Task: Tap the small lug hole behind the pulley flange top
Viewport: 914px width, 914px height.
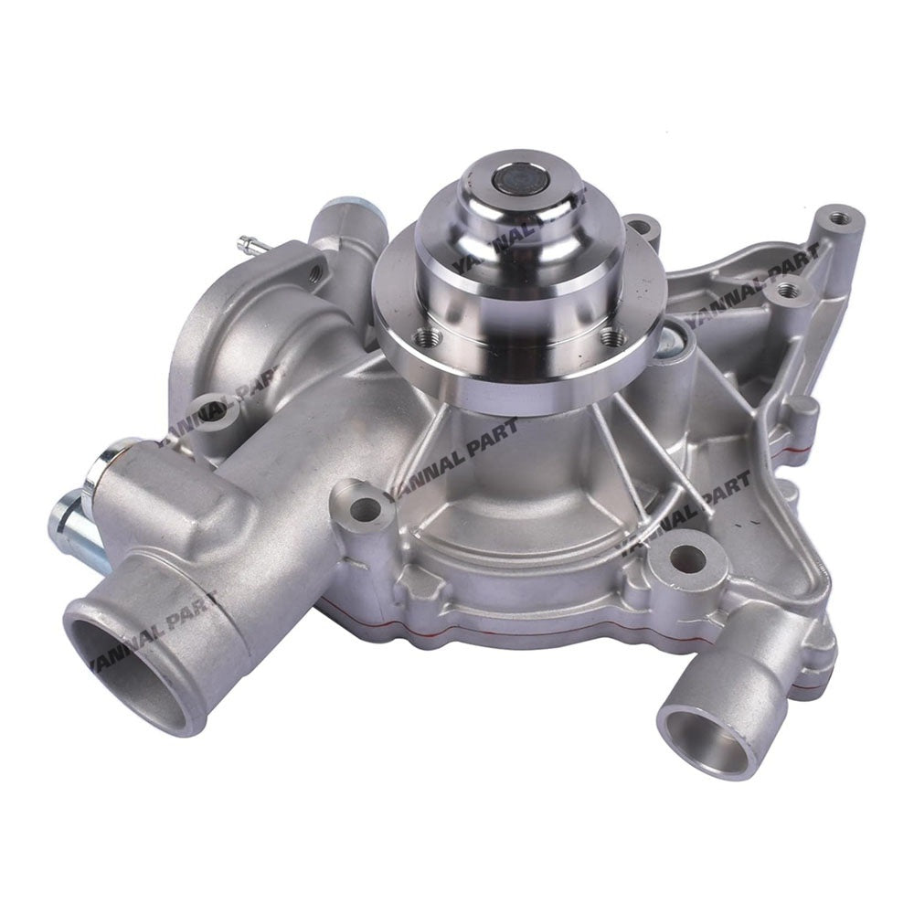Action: [642, 224]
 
